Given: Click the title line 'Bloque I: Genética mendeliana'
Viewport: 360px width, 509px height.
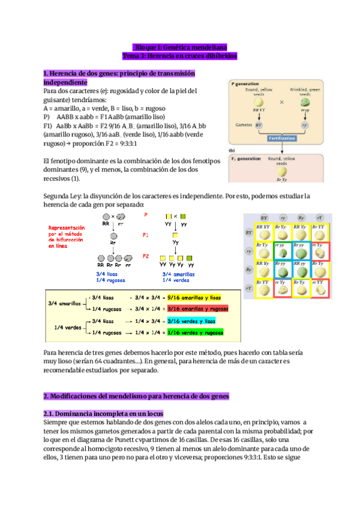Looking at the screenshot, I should [180, 46].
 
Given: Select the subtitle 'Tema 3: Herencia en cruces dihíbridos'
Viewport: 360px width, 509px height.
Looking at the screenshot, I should [180, 55].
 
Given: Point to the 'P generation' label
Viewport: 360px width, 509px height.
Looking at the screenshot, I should [246, 85].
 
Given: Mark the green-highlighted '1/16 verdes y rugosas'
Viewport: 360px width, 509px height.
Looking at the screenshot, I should [194, 331].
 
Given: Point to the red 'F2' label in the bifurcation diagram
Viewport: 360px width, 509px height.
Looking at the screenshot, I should [145, 256].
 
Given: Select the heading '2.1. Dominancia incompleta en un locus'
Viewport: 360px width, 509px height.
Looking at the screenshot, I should [103, 414].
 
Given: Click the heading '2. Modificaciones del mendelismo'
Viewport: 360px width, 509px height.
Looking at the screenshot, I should [135, 397].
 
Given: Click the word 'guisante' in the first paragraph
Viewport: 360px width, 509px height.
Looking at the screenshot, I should [57, 99].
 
